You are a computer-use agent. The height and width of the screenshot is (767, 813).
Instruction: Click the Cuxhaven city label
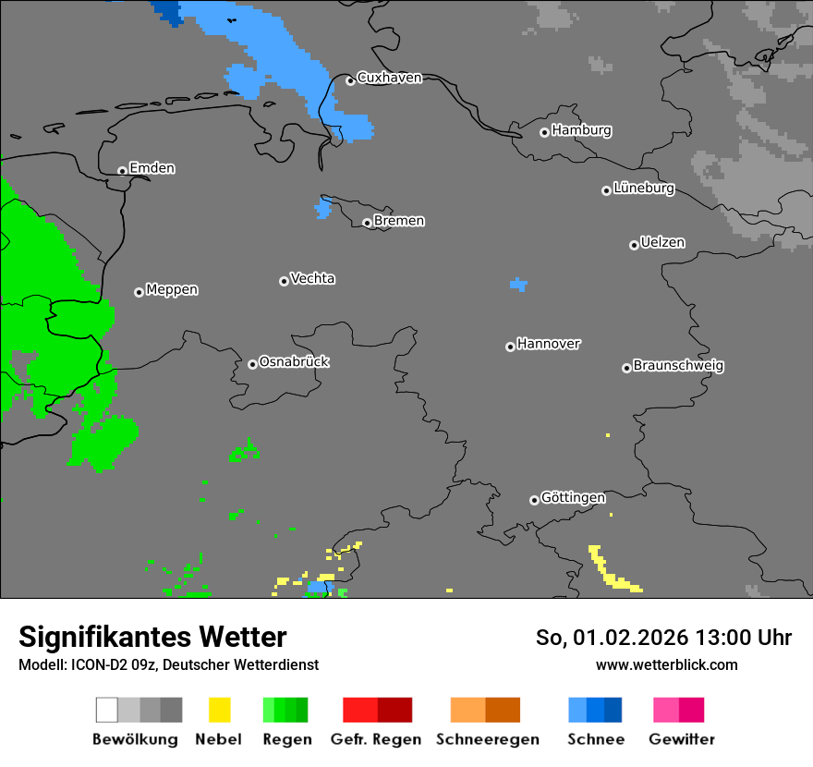[389, 78]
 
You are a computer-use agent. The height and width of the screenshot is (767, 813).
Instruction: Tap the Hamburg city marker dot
[544, 132]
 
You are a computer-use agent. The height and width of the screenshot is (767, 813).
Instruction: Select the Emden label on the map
[152, 168]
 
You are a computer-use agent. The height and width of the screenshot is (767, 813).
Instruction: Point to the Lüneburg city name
[643, 189]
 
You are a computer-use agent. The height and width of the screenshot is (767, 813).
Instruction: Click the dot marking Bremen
[367, 223]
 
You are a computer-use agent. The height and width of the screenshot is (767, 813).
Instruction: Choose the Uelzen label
[662, 243]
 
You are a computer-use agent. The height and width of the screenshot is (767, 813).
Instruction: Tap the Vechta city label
[312, 278]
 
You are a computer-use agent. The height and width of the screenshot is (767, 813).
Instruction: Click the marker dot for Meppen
[139, 292]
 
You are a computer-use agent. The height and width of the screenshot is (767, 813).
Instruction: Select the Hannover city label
[549, 344]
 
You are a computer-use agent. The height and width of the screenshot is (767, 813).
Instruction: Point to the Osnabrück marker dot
[252, 364]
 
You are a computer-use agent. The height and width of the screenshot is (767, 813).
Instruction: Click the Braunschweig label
[678, 366]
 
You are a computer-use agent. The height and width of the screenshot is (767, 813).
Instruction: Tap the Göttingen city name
[573, 498]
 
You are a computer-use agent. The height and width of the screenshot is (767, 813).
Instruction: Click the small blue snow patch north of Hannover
[518, 285]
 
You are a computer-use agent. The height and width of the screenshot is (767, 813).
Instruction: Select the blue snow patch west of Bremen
[322, 208]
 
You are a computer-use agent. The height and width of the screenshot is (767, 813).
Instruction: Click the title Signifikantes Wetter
[152, 637]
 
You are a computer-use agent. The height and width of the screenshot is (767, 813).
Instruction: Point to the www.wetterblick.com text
[666, 664]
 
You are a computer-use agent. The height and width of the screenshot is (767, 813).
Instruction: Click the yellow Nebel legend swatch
[219, 710]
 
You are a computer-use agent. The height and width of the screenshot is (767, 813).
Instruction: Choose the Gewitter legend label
[681, 739]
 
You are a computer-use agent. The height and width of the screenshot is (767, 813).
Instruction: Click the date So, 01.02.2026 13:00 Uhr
[663, 638]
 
